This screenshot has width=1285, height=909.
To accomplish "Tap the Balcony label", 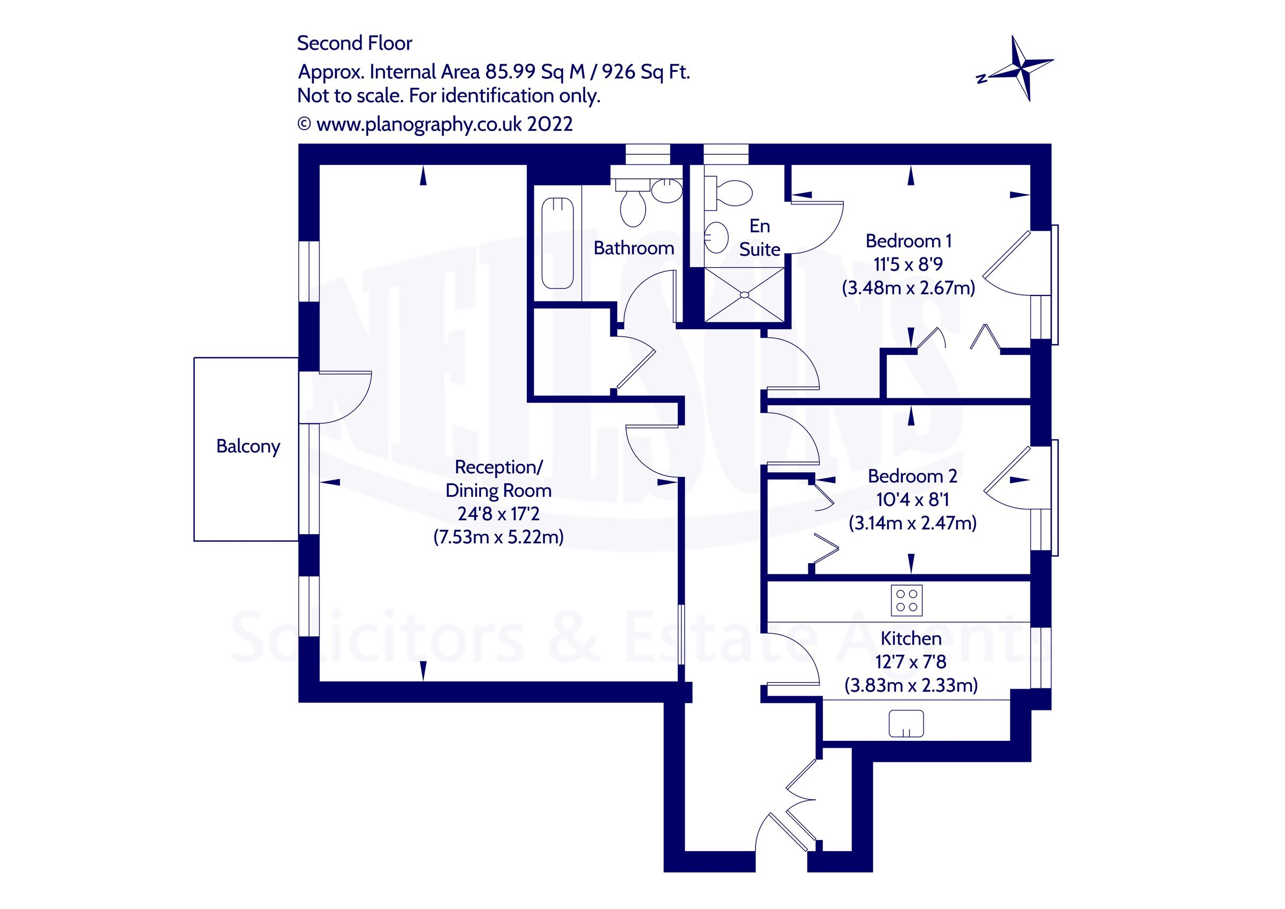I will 248,446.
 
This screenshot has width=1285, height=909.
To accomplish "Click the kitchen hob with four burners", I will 906,601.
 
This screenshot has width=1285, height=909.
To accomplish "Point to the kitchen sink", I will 906,723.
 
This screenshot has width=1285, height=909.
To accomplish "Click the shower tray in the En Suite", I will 744,294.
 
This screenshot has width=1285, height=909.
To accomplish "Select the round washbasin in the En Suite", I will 716,237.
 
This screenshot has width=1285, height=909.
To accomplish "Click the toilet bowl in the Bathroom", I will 633,208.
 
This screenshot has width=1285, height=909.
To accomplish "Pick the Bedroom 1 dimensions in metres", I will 909,288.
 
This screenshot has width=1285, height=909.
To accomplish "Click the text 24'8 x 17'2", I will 498,514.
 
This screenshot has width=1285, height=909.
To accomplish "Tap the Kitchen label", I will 911,638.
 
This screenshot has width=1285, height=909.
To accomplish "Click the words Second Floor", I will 354,43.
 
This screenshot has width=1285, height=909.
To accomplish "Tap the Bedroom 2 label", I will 912,476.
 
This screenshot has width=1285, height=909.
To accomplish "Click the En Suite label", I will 759,237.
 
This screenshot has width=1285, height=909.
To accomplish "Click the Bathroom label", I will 633,248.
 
